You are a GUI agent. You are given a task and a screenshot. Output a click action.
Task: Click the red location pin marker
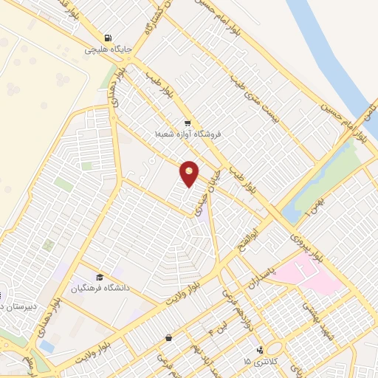coord(190,173)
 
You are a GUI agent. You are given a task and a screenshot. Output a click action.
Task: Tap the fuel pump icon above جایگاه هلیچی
coord(109,38)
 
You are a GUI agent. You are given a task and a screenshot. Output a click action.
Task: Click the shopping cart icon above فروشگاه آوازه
coord(188,123)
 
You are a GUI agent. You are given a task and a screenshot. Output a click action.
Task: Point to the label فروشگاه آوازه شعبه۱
coord(188,134)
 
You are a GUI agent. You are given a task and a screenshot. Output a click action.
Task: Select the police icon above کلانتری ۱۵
coord(260,350)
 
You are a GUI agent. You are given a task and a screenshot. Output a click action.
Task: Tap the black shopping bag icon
coord(169,337)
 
